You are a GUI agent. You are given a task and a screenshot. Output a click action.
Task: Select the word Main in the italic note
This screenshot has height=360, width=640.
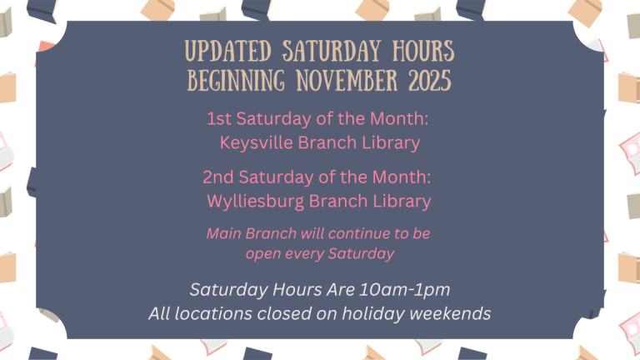tap(224, 233)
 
